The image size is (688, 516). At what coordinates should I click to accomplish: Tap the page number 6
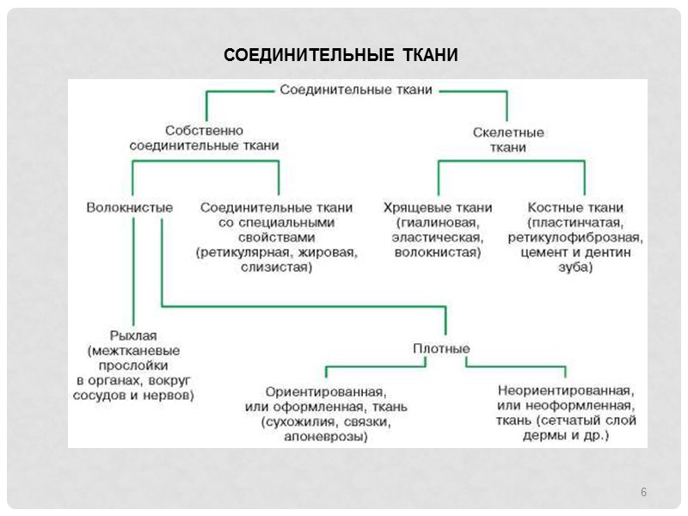pos(642,492)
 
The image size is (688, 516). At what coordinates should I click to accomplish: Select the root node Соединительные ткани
pos(356,89)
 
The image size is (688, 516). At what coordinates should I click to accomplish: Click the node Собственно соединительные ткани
pos(204,138)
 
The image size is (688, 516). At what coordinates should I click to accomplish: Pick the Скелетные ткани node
pos(508,140)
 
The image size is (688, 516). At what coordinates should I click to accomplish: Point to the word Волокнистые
pos(130,207)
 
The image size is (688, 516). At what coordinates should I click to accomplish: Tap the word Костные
pos(549,207)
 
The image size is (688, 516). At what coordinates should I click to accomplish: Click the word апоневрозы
pos(324,437)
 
